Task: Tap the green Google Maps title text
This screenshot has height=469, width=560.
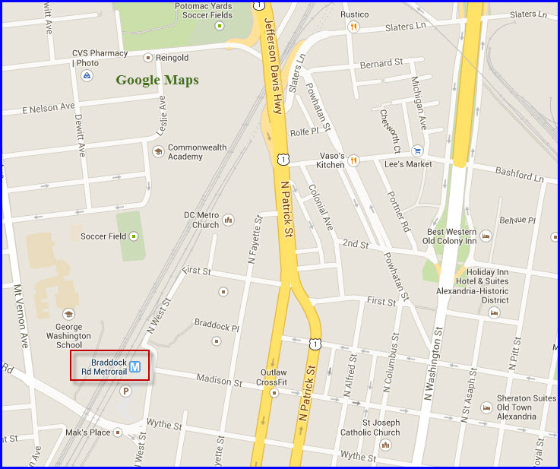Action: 157,80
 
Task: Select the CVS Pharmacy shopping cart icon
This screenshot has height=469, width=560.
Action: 88,75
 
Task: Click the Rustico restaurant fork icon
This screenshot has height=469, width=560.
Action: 353,27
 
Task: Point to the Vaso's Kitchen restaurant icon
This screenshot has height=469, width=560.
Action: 353,160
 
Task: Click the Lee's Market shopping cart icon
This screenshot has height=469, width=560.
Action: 417,151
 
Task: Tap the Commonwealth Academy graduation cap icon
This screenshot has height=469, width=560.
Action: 158,151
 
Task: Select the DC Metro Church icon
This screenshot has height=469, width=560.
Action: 228,220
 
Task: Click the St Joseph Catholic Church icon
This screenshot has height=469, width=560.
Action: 386,445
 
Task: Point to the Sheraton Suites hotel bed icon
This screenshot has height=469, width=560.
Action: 486,407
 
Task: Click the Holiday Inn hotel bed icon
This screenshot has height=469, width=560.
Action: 495,312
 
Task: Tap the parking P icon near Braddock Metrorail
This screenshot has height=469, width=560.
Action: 126,391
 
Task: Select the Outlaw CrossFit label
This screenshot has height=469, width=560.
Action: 274,378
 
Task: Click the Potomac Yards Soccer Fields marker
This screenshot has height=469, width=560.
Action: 220,26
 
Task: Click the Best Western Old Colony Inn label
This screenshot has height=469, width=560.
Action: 451,237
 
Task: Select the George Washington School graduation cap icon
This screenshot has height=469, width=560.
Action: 68,314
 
